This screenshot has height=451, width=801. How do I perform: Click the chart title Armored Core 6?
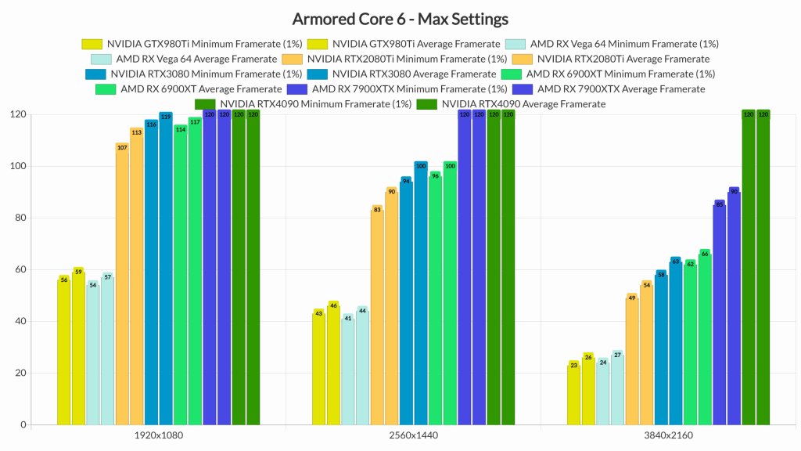[400, 18]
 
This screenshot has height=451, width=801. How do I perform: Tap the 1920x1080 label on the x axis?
[159, 436]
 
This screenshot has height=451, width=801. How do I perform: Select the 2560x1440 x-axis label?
[413, 436]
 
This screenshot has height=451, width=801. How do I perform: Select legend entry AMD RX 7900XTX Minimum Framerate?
[400, 88]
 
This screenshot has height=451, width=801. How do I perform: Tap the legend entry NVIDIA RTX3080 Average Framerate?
[409, 74]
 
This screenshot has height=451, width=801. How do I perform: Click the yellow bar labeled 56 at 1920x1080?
[64, 352]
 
